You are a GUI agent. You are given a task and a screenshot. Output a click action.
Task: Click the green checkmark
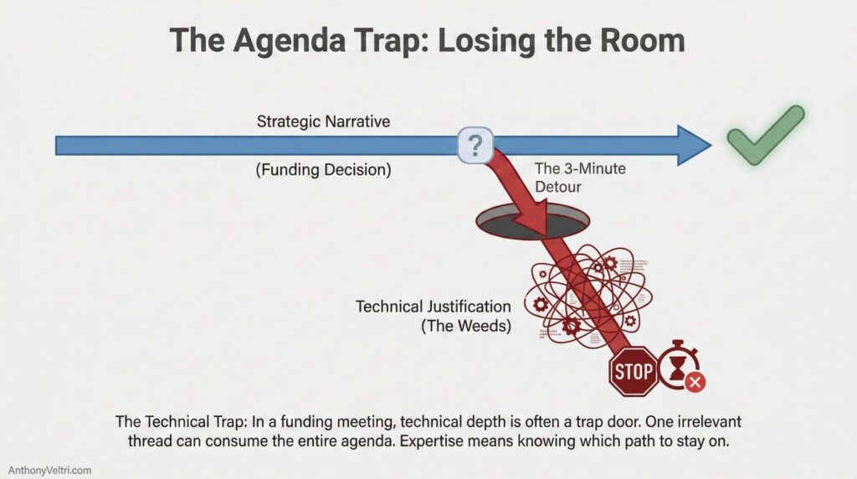pos(764,136)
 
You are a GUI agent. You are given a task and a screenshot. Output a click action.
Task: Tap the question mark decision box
pos(475,147)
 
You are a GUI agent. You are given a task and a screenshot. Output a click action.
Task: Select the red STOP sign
pos(634,371)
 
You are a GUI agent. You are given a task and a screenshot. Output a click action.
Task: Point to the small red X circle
pos(695,383)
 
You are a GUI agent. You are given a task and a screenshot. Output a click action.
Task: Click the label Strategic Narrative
pos(324,122)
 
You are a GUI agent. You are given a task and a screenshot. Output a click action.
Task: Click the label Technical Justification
pos(433,306)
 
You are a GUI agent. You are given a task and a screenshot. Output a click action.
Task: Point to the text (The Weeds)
pos(465,326)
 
